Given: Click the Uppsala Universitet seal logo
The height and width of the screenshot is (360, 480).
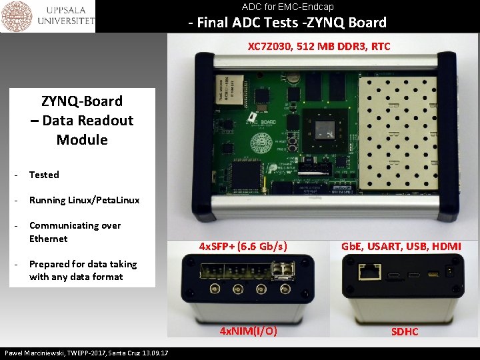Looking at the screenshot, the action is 17,16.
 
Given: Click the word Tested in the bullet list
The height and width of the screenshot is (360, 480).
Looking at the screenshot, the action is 44,175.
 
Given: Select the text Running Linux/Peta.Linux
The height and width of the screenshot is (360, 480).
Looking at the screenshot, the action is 84,200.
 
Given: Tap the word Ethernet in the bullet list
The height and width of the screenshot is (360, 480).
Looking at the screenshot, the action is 48,239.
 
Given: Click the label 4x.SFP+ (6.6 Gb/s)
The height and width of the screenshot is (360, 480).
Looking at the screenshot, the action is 243,246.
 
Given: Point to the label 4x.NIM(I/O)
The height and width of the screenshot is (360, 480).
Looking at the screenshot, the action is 249,331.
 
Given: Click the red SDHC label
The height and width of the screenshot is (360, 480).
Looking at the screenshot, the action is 405,331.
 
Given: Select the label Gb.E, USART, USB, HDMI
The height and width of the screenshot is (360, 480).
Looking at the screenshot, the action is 401,246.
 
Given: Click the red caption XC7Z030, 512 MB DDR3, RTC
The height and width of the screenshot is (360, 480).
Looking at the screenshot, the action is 319,47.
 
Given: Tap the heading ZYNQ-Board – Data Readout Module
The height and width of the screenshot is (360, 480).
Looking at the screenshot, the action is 82,121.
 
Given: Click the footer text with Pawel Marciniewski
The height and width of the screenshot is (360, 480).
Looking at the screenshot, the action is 86,353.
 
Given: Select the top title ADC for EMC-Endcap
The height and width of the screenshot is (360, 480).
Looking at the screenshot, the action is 287,7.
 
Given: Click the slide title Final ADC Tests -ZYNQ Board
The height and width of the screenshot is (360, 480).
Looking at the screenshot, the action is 287,23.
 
